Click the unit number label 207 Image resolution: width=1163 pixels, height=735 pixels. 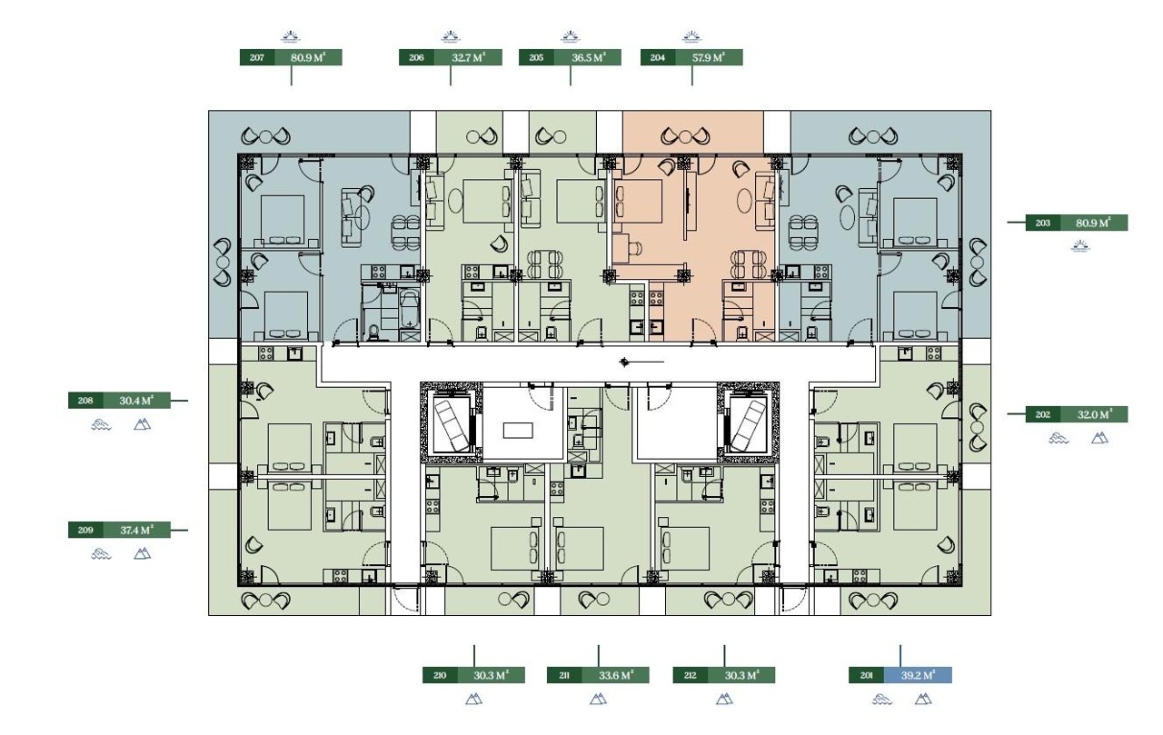point(257,57)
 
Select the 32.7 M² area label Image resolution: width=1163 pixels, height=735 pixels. point(468,57)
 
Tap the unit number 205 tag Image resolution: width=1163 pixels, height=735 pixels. point(536,57)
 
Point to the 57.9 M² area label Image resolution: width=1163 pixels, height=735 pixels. point(709,57)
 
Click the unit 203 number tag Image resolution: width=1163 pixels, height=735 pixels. point(1042,223)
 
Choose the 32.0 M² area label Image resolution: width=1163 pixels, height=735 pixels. point(1094,414)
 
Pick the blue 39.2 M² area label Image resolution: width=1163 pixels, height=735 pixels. point(918,675)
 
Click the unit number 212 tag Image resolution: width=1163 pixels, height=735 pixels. point(690,675)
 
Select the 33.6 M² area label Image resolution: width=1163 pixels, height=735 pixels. point(615,675)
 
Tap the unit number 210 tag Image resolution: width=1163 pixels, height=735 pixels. point(440,675)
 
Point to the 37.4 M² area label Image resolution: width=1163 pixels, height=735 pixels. point(136,530)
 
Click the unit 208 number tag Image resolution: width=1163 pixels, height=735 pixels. point(85,401)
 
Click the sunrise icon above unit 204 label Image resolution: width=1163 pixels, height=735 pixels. point(691,36)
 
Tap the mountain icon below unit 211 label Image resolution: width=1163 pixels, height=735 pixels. point(598,700)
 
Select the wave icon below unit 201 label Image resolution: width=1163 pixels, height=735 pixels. point(882,700)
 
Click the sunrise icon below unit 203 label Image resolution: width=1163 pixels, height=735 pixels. point(1080,246)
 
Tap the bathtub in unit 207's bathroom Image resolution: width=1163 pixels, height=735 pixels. point(409,309)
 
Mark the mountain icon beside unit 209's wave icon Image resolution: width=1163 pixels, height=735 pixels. point(142,554)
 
